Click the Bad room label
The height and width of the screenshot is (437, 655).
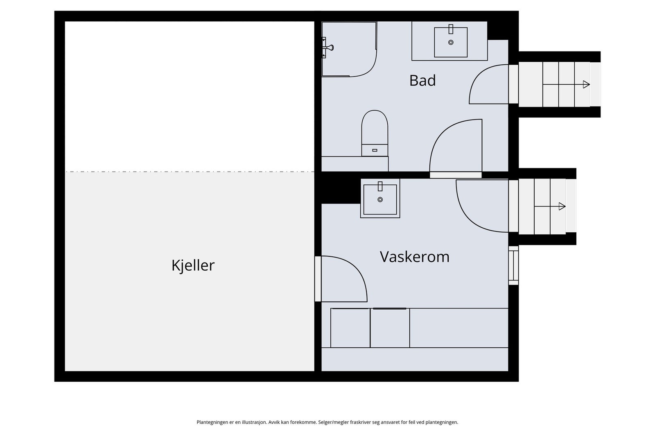click(422, 80)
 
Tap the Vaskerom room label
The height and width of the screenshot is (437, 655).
click(414, 257)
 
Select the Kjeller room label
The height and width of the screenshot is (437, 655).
click(193, 265)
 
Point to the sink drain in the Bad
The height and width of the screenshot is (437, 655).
click(451, 42)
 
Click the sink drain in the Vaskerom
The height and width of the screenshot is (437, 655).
click(380, 199)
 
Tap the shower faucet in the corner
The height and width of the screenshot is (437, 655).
click(327, 48)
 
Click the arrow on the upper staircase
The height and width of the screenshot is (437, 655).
click(586, 84)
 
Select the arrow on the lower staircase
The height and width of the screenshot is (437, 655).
click(562, 206)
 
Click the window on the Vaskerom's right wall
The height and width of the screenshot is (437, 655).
click(513, 265)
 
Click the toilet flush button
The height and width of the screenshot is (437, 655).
click(375, 150)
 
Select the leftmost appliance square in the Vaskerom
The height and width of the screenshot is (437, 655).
click(350, 328)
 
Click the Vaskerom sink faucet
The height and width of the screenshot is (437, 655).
click(380, 186)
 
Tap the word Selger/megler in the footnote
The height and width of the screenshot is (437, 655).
click(333, 422)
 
